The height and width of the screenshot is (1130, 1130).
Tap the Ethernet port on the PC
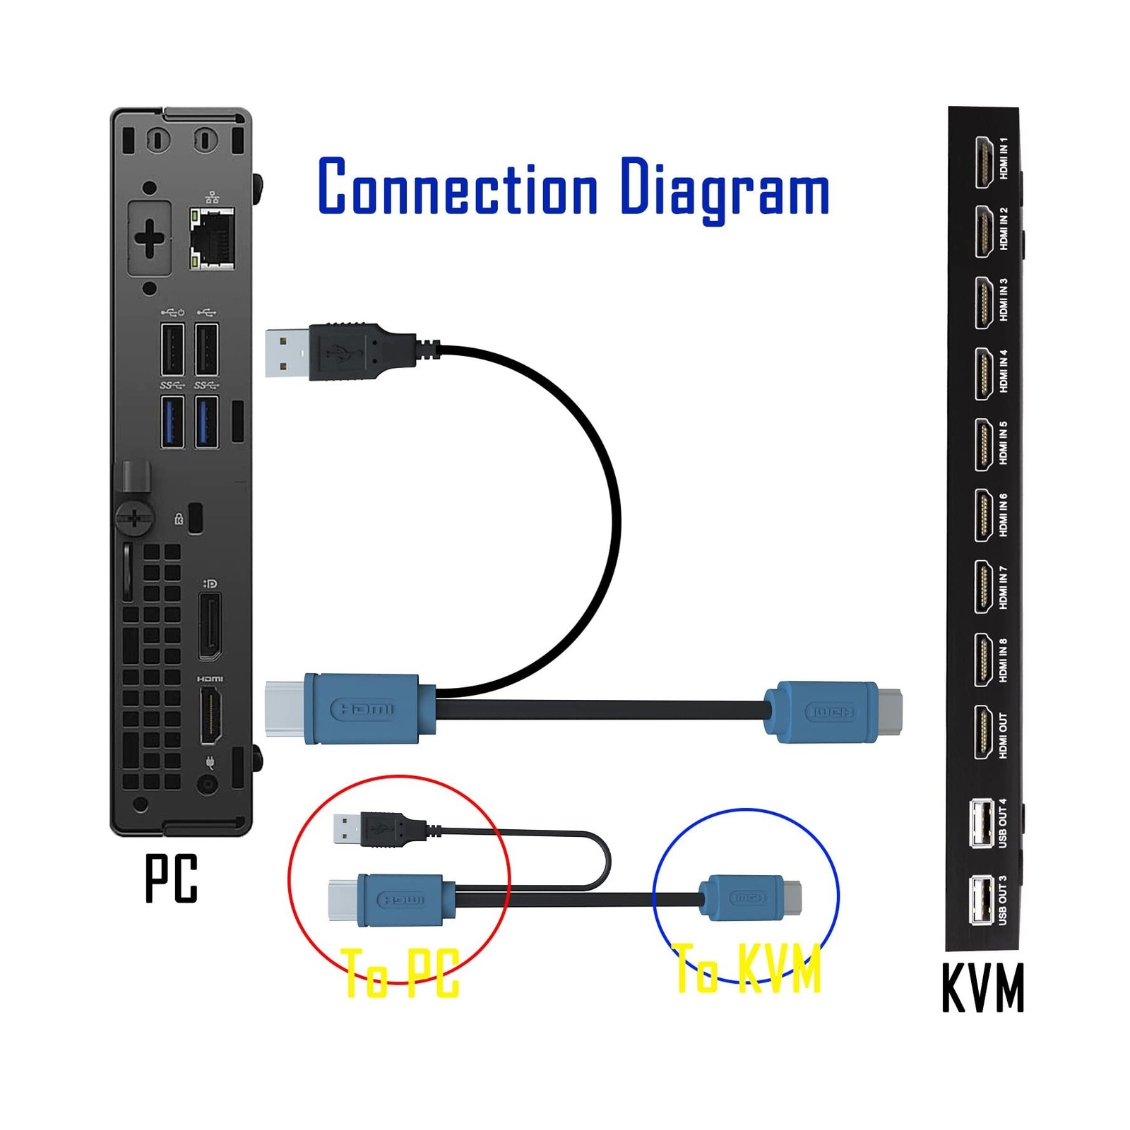click(211, 239)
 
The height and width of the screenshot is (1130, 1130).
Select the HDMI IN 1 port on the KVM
click(983, 162)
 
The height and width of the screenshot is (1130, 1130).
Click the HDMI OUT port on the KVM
click(983, 733)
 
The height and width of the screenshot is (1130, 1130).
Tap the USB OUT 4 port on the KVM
click(982, 823)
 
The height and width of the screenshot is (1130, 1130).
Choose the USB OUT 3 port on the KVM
click(982, 899)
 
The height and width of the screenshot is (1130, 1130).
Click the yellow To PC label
click(401, 973)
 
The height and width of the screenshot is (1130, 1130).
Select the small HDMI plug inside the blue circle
click(749, 898)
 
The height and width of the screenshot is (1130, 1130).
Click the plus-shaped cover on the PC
click(150, 238)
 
